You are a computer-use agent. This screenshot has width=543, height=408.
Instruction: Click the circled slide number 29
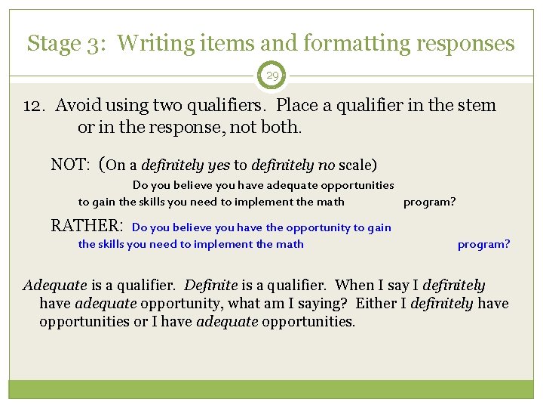point(271,76)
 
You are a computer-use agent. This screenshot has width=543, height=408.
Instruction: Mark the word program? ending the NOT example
point(429,202)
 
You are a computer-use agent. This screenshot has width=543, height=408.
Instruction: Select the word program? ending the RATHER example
point(483,244)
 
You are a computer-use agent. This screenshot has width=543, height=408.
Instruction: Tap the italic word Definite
point(210,286)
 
